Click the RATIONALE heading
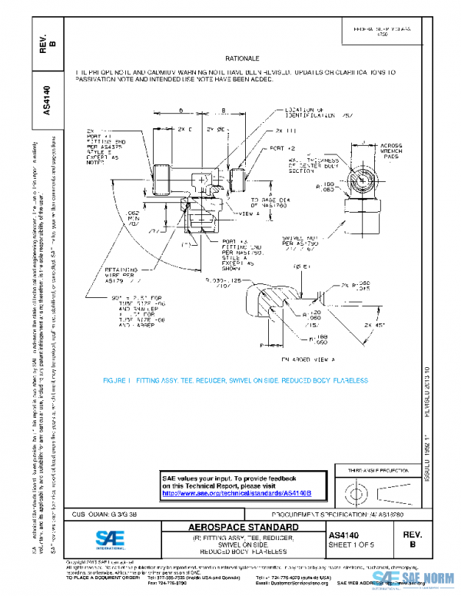242,58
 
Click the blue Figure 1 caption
236,380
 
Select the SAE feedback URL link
236,492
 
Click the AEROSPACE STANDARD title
242,528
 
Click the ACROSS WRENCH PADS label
396,150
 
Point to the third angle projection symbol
371,492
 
